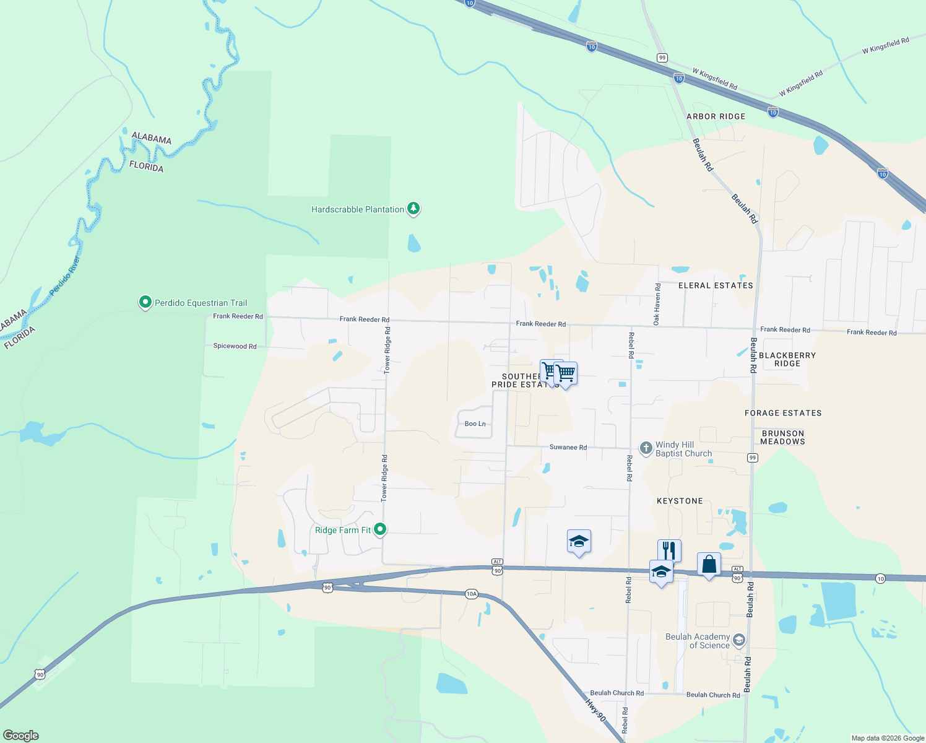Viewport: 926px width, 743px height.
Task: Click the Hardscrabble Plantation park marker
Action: click(x=413, y=209)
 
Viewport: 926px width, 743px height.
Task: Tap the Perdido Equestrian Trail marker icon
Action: click(x=145, y=302)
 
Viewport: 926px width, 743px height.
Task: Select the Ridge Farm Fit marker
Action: click(x=381, y=529)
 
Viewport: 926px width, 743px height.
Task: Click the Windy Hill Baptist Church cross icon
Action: click(x=646, y=448)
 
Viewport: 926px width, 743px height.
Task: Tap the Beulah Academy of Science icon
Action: click(x=738, y=640)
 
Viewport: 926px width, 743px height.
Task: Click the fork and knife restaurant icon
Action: click(x=669, y=550)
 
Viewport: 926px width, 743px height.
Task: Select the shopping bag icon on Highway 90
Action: click(x=709, y=564)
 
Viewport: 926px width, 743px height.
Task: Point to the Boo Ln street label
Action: click(x=475, y=424)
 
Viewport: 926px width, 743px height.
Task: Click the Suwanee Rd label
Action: click(x=568, y=447)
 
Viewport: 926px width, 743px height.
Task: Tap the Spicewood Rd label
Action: click(x=235, y=346)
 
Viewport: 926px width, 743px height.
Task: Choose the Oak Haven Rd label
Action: click(x=657, y=304)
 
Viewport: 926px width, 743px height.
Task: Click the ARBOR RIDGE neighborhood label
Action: click(x=716, y=116)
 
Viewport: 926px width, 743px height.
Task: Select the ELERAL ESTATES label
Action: click(x=716, y=285)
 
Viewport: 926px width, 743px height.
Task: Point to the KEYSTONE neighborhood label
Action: click(x=680, y=501)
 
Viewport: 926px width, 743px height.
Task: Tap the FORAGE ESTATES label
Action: click(x=783, y=413)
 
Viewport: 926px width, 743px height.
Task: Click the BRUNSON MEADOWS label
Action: click(x=782, y=437)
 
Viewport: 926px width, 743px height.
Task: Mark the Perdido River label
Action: click(x=65, y=275)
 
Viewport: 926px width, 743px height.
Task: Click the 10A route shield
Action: click(x=471, y=594)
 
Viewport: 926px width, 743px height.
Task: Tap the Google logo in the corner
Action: click(x=20, y=736)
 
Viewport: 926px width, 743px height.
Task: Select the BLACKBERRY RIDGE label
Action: click(x=787, y=359)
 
